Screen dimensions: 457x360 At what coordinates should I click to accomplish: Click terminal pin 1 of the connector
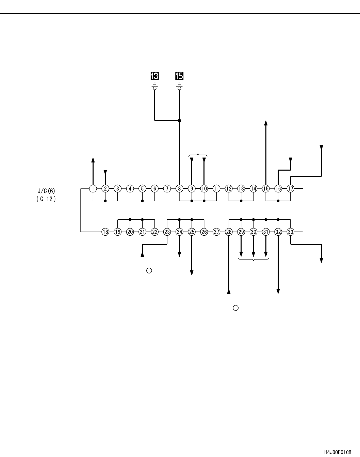[93, 188]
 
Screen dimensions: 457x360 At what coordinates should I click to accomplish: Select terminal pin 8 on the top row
[179, 188]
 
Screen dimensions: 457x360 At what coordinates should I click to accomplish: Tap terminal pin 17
[290, 188]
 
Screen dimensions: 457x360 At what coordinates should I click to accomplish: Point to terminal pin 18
[105, 232]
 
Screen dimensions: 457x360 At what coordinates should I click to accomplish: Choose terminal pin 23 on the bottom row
[167, 232]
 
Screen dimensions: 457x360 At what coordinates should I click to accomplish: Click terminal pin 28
[229, 232]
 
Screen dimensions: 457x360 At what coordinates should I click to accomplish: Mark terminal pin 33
[290, 232]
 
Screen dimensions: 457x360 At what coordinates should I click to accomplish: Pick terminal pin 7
[167, 188]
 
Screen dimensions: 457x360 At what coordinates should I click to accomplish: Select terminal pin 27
[216, 232]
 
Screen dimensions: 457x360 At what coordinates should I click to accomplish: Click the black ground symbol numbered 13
[155, 76]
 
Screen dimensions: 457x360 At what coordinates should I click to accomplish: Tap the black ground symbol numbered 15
[179, 76]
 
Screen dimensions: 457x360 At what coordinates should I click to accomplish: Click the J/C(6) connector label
[46, 191]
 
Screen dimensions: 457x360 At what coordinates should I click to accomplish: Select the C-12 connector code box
[46, 199]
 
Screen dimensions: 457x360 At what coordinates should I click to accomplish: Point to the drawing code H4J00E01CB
[338, 452]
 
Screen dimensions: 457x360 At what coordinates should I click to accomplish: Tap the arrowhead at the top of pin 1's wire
[93, 159]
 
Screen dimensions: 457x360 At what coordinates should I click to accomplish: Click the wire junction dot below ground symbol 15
[180, 120]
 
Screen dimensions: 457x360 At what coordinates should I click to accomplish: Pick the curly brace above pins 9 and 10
[198, 156]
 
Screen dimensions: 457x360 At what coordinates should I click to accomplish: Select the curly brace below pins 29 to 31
[253, 259]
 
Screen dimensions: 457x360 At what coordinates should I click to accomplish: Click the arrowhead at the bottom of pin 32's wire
[278, 291]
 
